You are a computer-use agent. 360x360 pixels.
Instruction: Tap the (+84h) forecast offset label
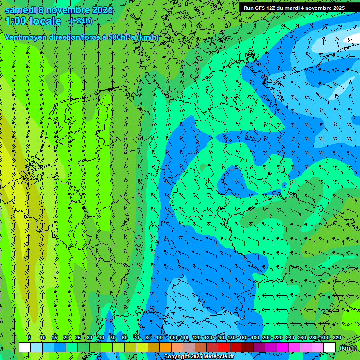point(81,21)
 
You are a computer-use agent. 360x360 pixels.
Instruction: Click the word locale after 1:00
point(45,21)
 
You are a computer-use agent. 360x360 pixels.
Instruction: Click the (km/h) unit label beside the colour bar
point(347,348)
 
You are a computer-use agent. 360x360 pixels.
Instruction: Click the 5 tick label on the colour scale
point(30,337)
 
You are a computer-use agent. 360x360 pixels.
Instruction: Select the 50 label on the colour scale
point(112,337)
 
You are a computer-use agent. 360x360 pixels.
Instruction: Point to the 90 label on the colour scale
point(159,337)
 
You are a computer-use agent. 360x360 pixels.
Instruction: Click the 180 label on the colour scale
point(255,337)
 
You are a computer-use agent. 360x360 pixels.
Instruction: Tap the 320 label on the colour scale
point(337,337)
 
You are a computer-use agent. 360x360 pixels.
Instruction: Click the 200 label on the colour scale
point(266,337)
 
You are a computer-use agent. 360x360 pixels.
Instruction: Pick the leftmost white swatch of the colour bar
point(25,347)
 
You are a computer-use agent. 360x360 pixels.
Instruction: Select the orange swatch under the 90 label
point(165,347)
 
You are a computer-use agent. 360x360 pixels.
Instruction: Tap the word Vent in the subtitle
point(13,37)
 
